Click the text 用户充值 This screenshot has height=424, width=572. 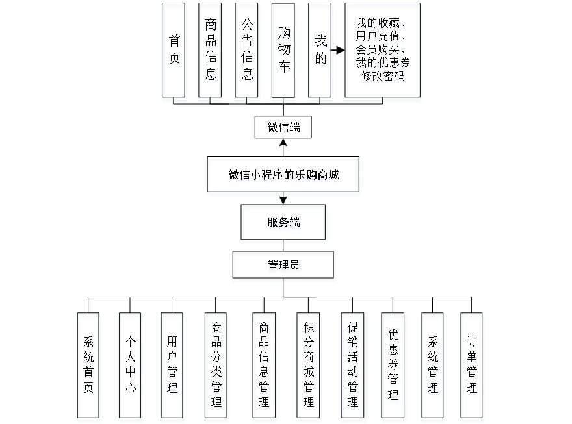tap(380, 37)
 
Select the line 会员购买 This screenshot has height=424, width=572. tap(380, 50)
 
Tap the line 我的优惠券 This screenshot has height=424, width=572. tap(383, 63)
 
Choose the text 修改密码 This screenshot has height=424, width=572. tap(383, 77)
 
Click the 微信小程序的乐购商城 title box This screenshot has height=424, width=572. tap(283, 176)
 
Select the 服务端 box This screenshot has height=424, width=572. tap(283, 224)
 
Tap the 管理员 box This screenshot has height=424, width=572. tap(283, 266)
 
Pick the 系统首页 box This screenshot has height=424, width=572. tap(89, 367)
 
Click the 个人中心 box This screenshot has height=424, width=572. tap(131, 367)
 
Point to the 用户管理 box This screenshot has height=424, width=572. tap(172, 367)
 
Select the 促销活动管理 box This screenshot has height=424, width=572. tap(353, 367)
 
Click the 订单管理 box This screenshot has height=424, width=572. tap(472, 367)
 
